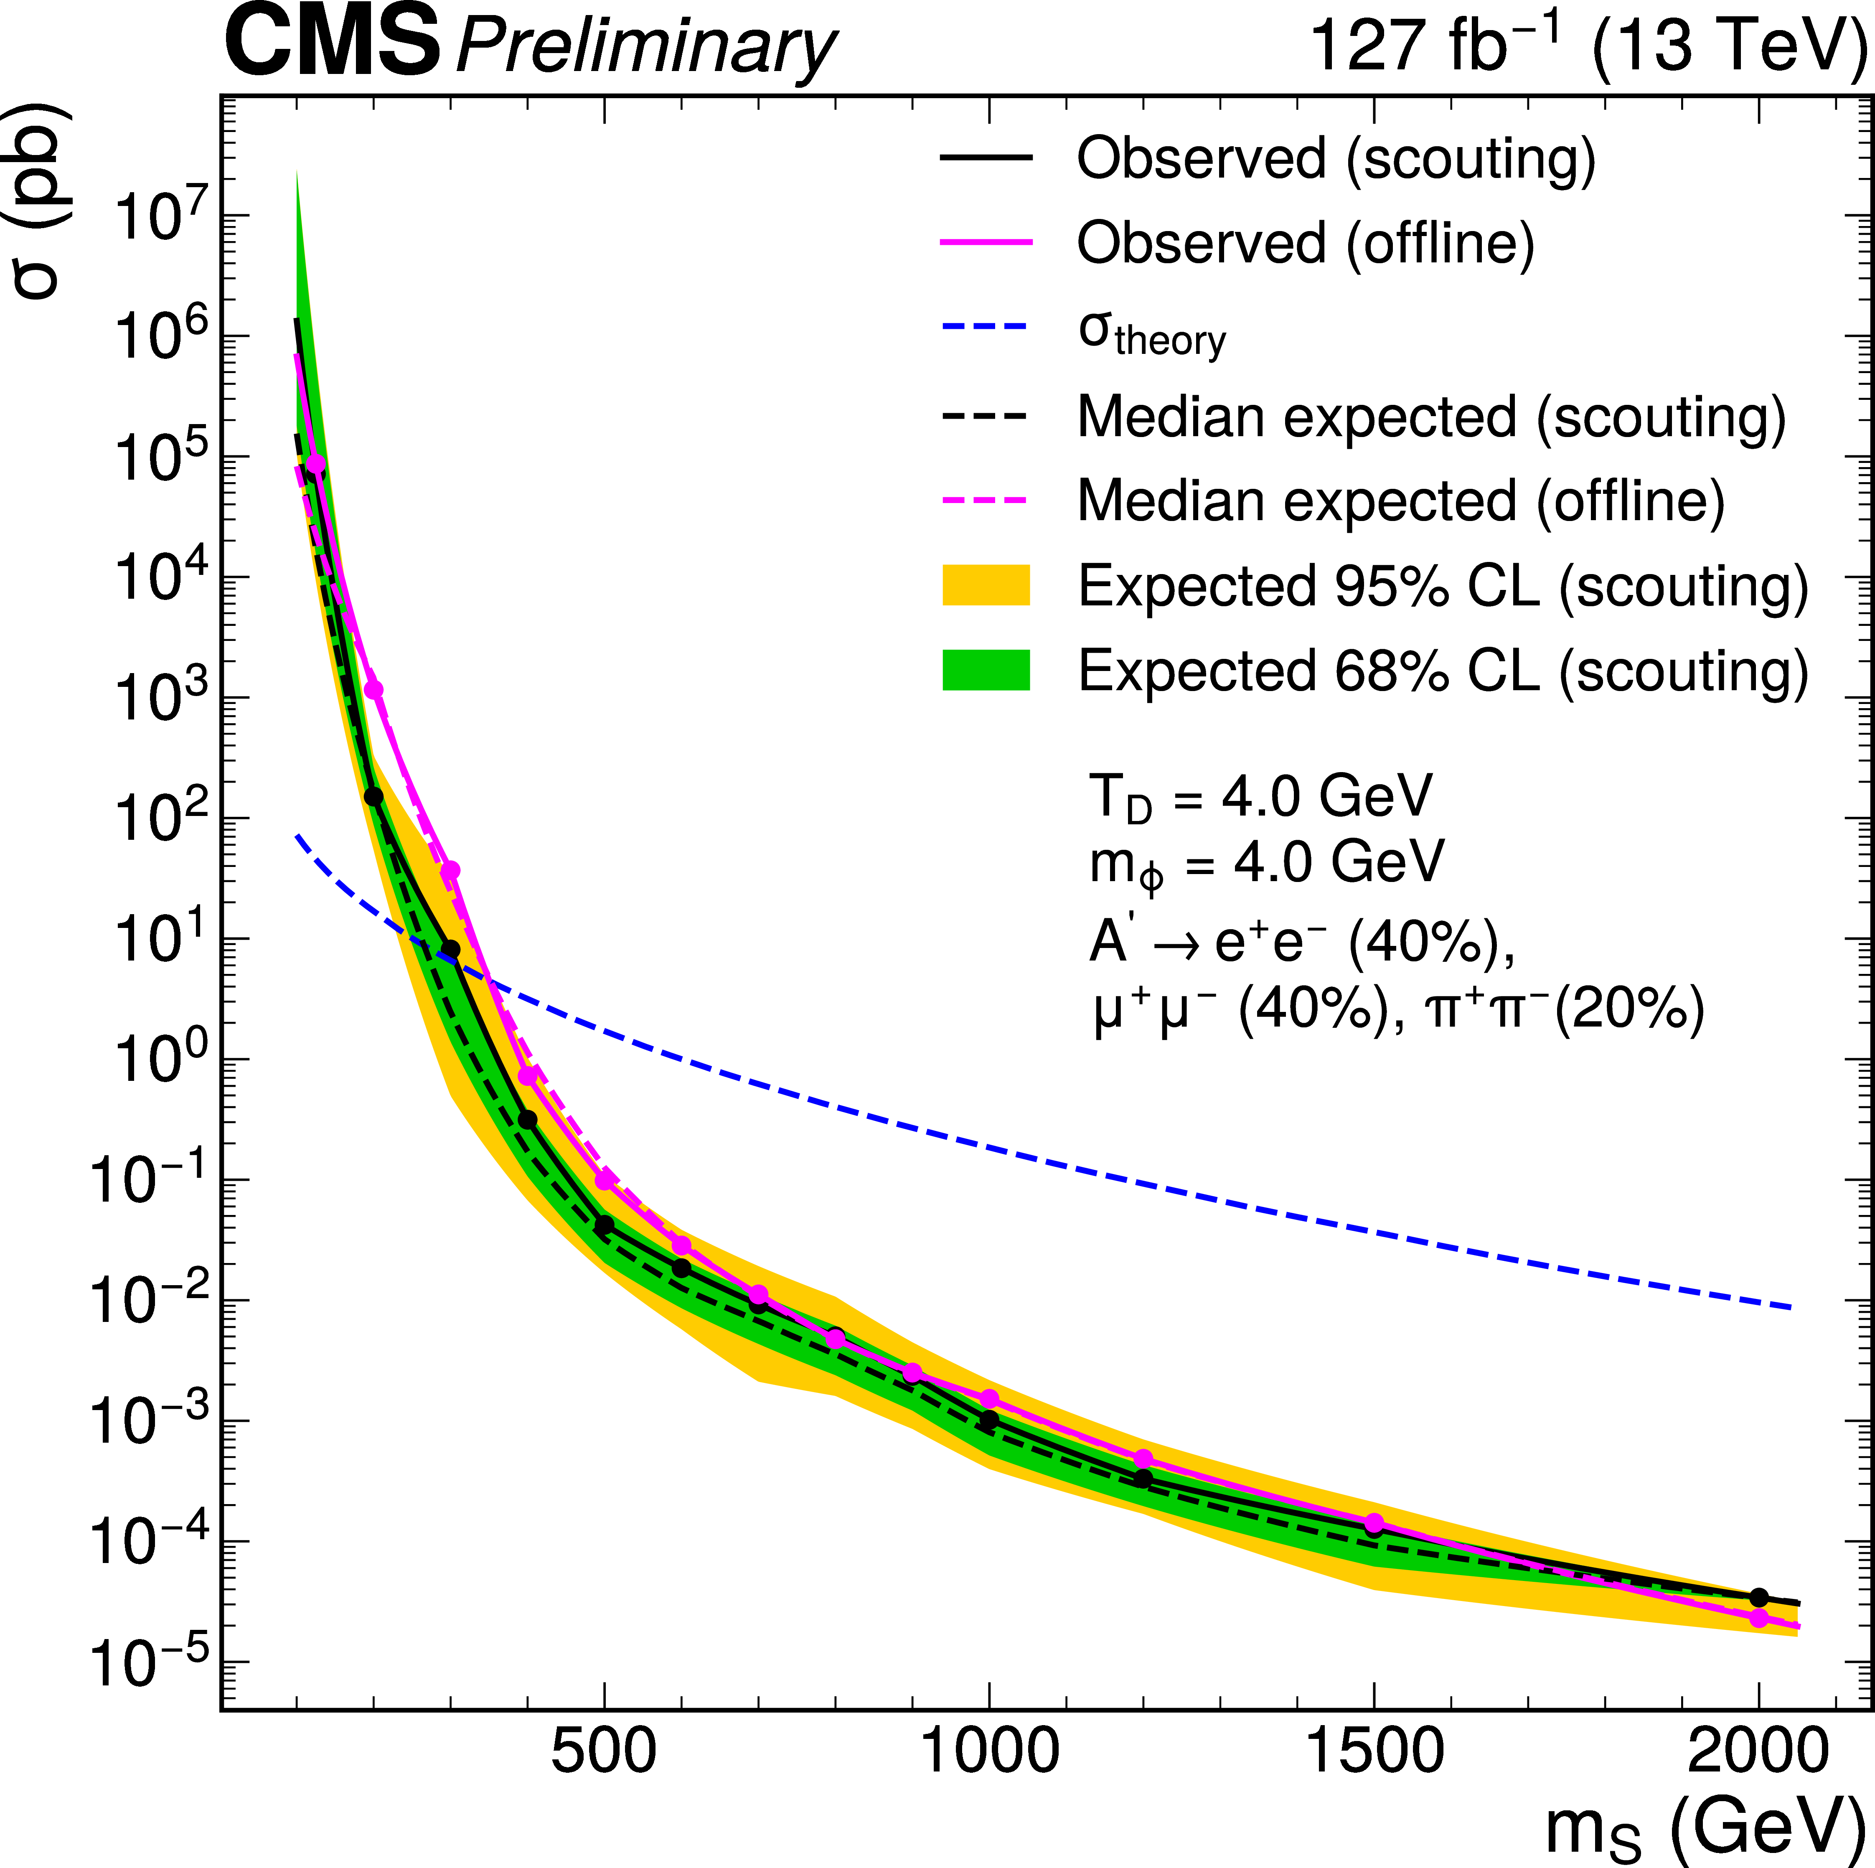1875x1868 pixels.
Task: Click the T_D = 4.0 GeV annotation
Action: pos(1260,798)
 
